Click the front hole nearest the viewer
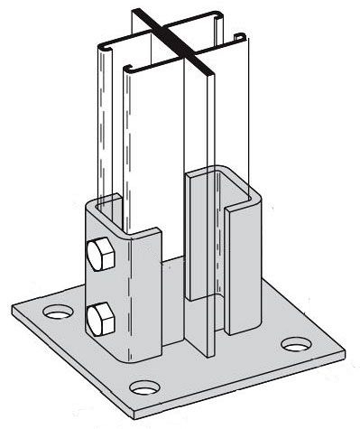142,388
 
